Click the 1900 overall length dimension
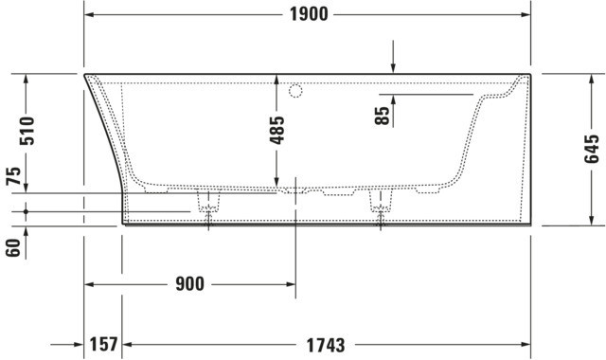pyautogui.click(x=309, y=15)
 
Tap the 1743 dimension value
pyautogui.click(x=326, y=345)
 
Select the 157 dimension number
pyautogui.click(x=103, y=344)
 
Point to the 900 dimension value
pyautogui.click(x=189, y=284)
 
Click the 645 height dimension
pyautogui.click(x=591, y=149)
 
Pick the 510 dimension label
pyautogui.click(x=27, y=131)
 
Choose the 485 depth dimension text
pyautogui.click(x=276, y=130)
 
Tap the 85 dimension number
pyautogui.click(x=383, y=116)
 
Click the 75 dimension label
pyautogui.click(x=13, y=176)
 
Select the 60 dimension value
pyautogui.click(x=12, y=248)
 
